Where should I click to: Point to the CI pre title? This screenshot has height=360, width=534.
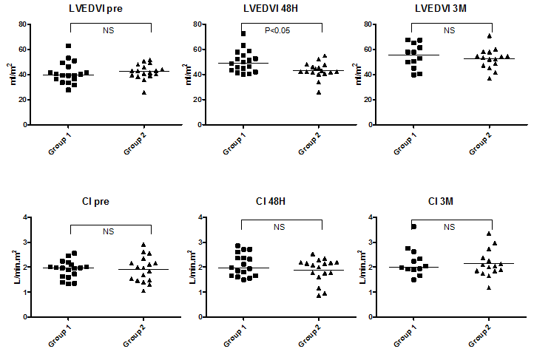pyautogui.click(x=111, y=200)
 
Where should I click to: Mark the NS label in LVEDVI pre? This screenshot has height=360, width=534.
pyautogui.click(x=109, y=30)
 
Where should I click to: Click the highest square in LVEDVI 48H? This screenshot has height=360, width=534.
pyautogui.click(x=244, y=33)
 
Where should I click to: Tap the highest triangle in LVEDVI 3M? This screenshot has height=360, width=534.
pyautogui.click(x=489, y=35)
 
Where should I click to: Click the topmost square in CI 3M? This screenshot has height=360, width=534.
pyautogui.click(x=415, y=227)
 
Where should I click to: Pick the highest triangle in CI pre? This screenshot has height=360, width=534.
pyautogui.click(x=144, y=245)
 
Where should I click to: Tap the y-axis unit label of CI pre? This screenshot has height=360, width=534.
pyautogui.click(x=13, y=267)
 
